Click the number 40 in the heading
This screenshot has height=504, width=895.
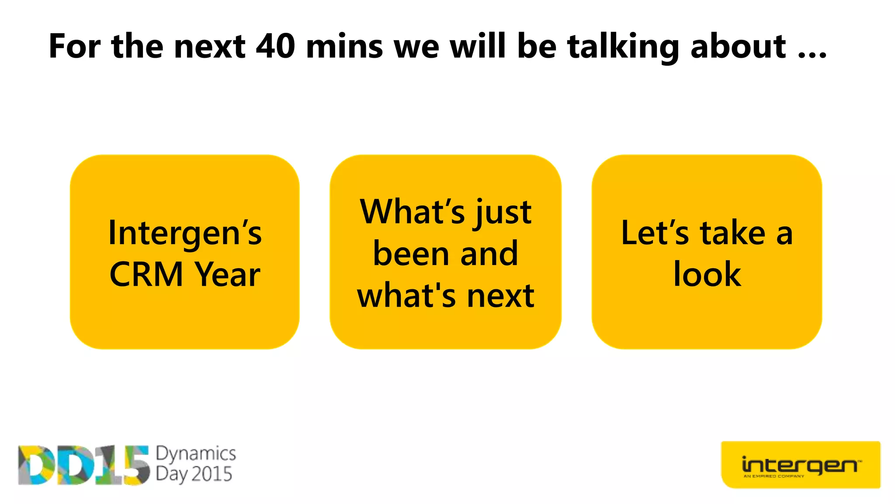point(275,46)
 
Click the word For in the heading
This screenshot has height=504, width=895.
point(75,46)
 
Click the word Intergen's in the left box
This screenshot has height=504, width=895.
point(185,233)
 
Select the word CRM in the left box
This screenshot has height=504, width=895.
point(146,275)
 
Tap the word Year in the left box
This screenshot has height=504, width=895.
point(227,275)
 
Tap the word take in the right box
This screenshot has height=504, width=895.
point(732,233)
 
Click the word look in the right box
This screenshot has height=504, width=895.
point(707,275)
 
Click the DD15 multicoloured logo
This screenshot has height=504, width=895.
point(83,465)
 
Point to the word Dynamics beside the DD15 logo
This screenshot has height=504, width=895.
point(196,454)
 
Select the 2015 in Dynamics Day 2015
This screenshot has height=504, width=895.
point(212,474)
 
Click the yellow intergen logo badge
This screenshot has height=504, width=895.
point(800,465)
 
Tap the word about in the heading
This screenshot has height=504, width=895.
point(738,46)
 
